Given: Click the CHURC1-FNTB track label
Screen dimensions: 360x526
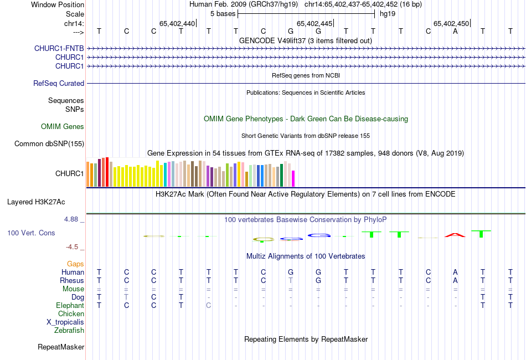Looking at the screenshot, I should (59, 48).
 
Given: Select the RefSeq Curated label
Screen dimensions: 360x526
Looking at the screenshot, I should (59, 83).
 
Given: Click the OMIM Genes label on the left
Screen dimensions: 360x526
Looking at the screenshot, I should (63, 127).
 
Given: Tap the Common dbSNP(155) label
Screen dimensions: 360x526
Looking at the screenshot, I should (49, 144).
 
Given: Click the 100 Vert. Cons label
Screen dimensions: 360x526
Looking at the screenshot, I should (31, 233).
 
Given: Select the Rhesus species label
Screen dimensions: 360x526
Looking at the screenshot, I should (72, 280).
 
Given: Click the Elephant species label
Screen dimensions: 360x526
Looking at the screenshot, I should (70, 305).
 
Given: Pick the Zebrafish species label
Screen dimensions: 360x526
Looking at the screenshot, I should (69, 330).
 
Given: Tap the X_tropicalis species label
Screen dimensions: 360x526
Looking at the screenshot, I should (65, 322).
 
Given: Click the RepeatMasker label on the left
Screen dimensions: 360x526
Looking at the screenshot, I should (61, 347).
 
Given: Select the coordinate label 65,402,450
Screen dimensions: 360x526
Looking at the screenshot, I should (451, 23).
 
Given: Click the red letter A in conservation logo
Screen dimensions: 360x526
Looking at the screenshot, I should (455, 235).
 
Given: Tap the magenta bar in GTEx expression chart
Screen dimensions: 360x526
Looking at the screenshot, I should (293, 179).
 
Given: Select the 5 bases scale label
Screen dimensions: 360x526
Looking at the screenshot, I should (223, 13).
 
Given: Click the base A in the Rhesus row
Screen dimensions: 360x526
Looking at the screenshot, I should (455, 280).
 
